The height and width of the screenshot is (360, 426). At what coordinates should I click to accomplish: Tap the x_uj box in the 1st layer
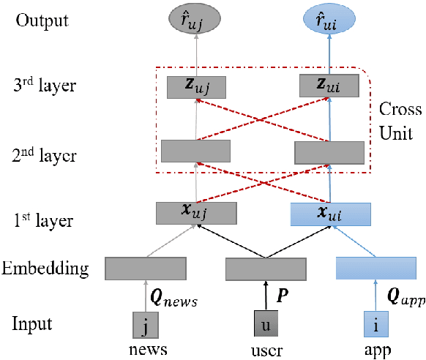click(195, 212)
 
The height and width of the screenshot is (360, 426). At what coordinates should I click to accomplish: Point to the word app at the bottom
click(377, 349)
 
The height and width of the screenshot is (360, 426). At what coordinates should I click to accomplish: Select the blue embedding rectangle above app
click(377, 269)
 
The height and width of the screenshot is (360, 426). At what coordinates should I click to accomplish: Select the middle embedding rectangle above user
click(264, 269)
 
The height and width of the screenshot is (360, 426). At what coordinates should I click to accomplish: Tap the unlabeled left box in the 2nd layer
click(195, 151)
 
